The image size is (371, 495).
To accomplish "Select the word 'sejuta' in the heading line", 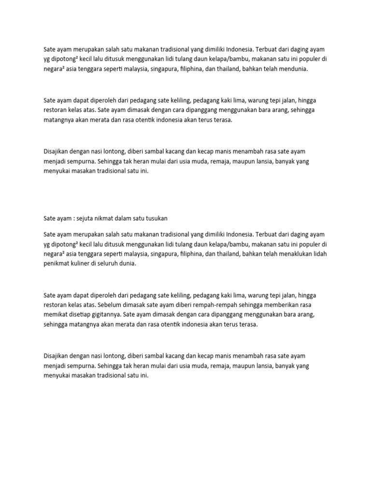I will click(85, 218).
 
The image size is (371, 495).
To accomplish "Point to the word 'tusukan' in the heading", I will click(156, 218).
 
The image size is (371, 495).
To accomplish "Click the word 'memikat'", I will click(55, 315).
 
